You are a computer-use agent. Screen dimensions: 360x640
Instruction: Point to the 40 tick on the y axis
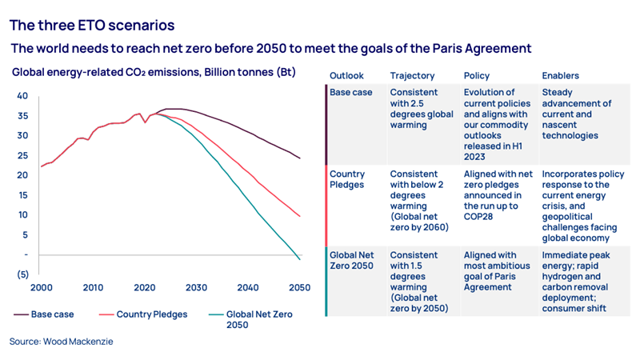[x=22, y=96]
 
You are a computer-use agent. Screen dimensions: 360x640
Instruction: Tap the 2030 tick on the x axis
[x=197, y=288]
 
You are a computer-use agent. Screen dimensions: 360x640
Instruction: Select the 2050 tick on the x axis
[x=300, y=288]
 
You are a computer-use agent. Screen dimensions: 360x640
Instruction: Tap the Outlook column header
[x=346, y=76]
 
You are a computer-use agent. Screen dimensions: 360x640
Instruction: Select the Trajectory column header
[x=412, y=76]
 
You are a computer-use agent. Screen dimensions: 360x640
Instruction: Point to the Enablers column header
[x=560, y=76]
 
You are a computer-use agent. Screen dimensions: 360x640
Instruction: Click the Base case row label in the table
[x=351, y=93]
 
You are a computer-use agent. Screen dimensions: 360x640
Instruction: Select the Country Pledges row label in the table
[x=347, y=179]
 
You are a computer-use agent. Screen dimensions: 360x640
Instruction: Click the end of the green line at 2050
[x=300, y=259]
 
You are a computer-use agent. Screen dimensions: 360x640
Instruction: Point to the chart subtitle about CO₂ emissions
[x=154, y=73]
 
